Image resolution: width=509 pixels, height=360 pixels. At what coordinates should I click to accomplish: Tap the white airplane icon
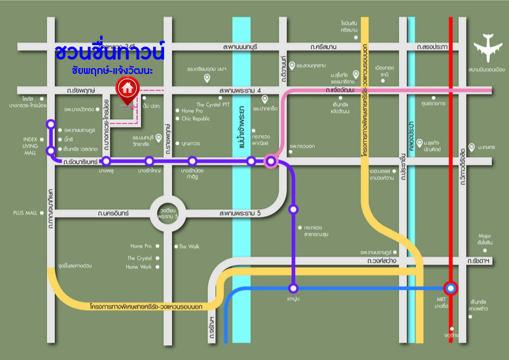[x=489, y=46]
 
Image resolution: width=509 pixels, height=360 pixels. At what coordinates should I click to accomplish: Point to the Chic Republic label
[x=196, y=118]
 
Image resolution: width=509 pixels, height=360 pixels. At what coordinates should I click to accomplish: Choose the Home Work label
[x=139, y=267]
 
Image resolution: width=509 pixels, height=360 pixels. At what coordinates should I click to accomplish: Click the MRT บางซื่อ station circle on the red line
[x=451, y=288]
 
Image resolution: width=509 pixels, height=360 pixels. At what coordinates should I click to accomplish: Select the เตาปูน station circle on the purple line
[x=294, y=288]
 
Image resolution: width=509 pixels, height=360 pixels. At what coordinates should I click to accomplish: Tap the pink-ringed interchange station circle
[x=271, y=161]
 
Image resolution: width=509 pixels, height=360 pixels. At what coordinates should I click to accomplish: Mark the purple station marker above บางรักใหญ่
[x=150, y=161]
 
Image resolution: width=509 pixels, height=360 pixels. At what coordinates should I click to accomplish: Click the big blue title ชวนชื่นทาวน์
[x=109, y=50]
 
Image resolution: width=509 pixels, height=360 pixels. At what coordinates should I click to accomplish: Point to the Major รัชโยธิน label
[x=485, y=239]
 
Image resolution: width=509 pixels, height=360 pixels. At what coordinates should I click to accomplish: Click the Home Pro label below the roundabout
[x=141, y=246]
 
